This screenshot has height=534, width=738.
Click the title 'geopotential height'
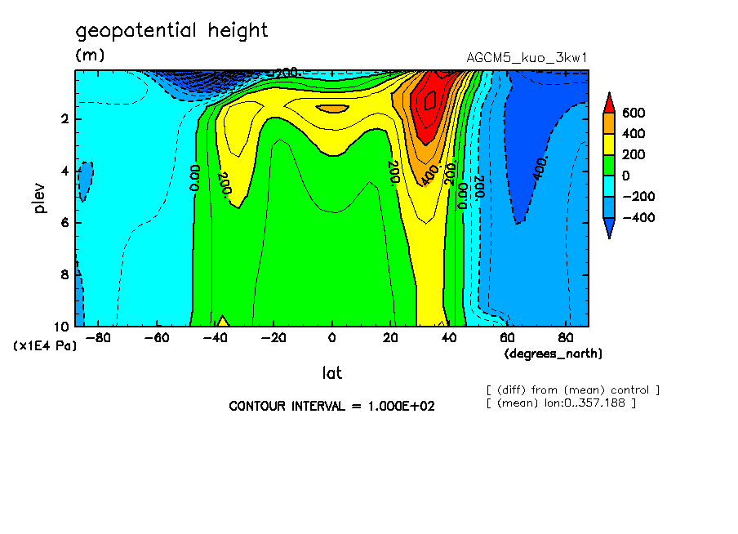tap(171, 31)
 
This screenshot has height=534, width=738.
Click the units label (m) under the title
tap(89, 56)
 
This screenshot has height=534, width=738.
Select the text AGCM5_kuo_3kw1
tap(527, 58)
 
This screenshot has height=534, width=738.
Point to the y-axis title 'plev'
tap(40, 198)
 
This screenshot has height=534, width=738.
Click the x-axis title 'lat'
tap(331, 373)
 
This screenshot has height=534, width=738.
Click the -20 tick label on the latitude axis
tap(273, 338)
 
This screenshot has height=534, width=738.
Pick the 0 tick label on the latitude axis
tap(331, 338)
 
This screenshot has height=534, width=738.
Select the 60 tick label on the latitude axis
tap(507, 338)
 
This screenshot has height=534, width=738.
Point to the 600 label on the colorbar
tap(634, 113)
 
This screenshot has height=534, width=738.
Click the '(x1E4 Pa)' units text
tap(45, 345)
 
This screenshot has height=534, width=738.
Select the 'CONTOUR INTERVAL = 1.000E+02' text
tap(331, 406)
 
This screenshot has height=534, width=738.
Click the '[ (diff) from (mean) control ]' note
tap(572, 389)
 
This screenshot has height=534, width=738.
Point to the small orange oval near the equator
tap(331, 108)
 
